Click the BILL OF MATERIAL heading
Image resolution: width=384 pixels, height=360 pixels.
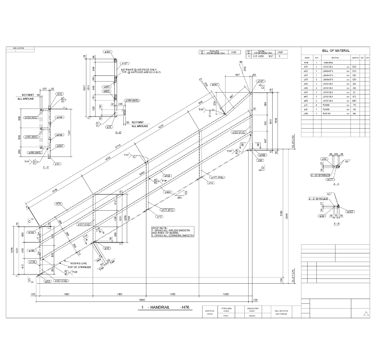(336, 50)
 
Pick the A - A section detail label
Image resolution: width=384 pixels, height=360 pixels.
(333, 184)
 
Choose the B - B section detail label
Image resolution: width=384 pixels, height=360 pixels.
(335, 224)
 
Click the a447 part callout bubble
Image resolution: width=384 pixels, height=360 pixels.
(215, 84)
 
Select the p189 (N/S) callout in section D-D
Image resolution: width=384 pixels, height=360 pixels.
(132, 100)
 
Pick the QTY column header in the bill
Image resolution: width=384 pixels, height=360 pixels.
(316, 58)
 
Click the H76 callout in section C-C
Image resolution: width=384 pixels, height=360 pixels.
(60, 94)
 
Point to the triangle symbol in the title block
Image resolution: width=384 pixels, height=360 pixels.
(367, 312)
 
